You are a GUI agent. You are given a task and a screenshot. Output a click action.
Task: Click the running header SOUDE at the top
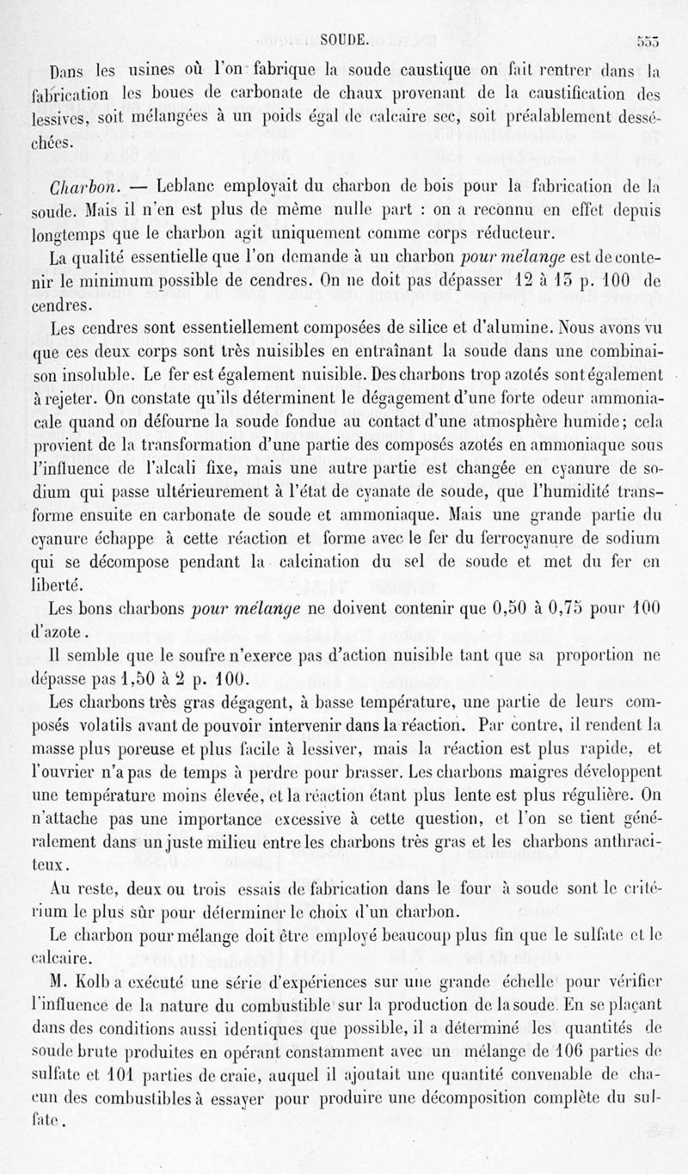point(344,38)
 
